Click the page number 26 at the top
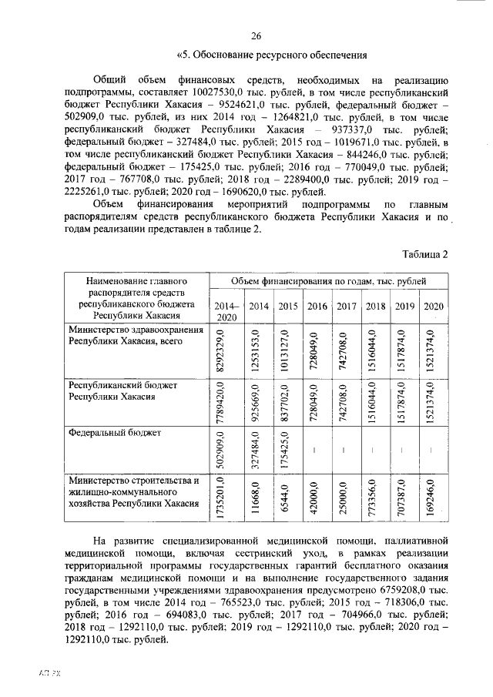[x=257, y=35]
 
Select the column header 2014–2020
[x=226, y=311]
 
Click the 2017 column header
[x=346, y=307]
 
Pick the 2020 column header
[x=434, y=307]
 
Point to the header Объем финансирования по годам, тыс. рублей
[x=329, y=282]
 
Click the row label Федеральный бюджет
[x=115, y=434]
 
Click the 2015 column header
[x=287, y=307]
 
